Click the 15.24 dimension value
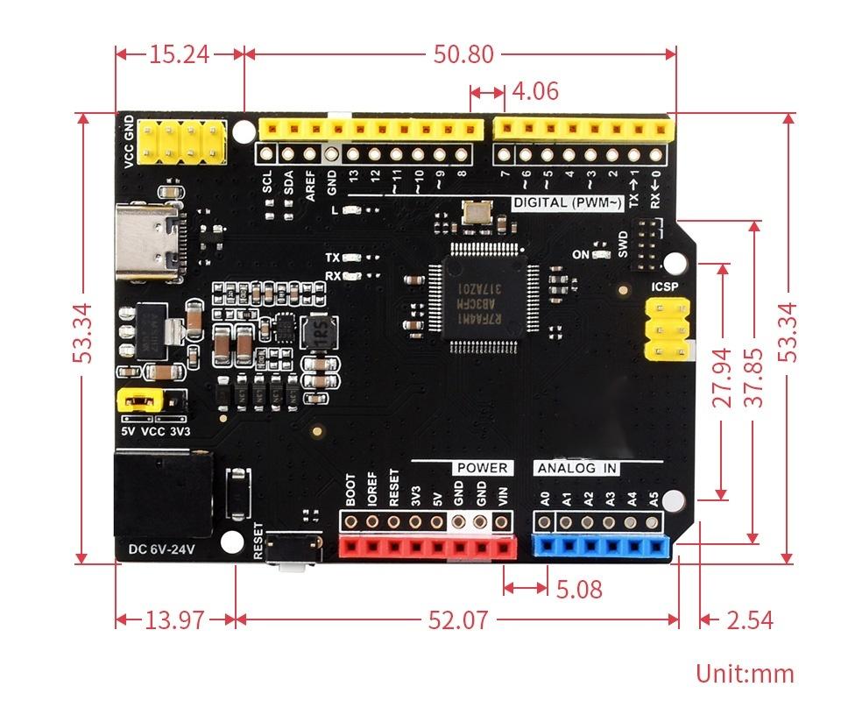[x=179, y=54]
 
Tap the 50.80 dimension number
[x=463, y=54]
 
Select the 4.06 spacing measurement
[x=534, y=91]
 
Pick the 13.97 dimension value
[x=174, y=620]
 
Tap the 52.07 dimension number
[x=457, y=620]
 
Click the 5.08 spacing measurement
[x=579, y=589]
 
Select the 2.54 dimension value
[x=750, y=620]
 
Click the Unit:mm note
[x=745, y=673]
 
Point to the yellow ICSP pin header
[x=665, y=329]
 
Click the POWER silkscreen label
[x=481, y=469]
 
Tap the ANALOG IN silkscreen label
[x=577, y=469]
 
